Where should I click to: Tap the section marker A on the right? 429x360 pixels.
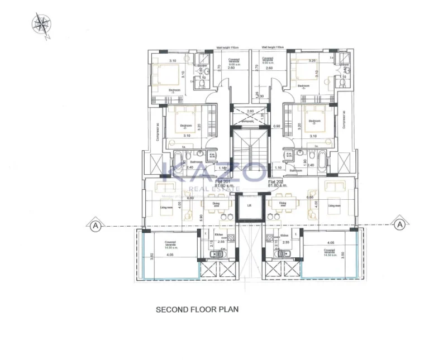coord(399,224)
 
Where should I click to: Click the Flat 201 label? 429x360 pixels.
coord(222,183)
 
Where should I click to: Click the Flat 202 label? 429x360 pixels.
coord(276,183)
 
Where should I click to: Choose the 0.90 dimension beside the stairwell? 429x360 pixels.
coord(276,127)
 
